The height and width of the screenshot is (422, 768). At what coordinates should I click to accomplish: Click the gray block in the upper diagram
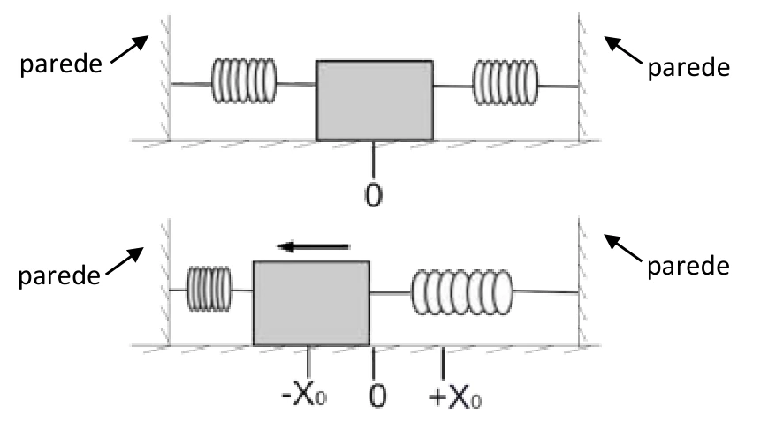point(375,101)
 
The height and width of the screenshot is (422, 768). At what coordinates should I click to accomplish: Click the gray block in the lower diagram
point(311,303)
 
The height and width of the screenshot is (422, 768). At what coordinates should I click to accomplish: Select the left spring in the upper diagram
point(244,80)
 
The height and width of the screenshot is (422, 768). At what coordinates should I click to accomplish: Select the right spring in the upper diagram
point(505,83)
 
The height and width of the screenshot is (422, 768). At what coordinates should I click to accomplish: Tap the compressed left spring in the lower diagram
point(209,289)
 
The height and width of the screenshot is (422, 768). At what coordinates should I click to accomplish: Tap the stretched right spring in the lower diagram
point(462,292)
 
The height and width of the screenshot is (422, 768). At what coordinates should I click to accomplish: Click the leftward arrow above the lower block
point(313,246)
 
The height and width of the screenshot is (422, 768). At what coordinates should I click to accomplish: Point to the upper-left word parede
point(61,64)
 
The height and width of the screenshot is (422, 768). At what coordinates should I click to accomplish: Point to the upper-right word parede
point(688,67)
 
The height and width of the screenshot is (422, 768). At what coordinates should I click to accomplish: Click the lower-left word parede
point(59,276)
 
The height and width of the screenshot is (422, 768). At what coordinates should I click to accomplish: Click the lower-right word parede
point(688,267)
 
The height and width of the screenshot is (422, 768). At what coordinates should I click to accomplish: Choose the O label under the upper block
point(373,195)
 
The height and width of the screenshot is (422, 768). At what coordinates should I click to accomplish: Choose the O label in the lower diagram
point(377,396)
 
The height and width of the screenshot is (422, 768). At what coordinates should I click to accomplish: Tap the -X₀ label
point(304,396)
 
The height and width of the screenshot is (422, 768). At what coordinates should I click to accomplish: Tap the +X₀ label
point(455,397)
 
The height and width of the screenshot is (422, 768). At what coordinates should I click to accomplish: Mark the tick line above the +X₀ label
point(444,363)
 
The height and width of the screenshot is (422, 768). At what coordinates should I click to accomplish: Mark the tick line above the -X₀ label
point(308,363)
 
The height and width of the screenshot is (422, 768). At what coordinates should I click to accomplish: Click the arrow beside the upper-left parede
point(130,49)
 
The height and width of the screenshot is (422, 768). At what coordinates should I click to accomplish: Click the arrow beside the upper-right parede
point(622,50)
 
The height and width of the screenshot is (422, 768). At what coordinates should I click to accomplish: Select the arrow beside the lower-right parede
point(622,248)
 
